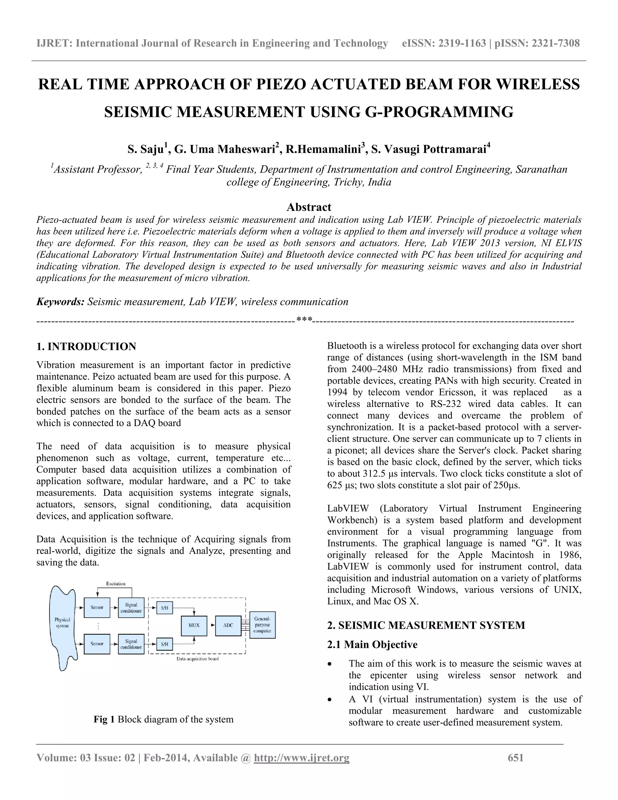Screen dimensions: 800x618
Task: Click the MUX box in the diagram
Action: pyautogui.click(x=194, y=625)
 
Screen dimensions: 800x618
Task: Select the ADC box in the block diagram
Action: pyautogui.click(x=228, y=625)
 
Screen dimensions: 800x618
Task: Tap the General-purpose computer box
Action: pyautogui.click(x=262, y=625)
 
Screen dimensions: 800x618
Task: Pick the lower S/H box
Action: pyautogui.click(x=164, y=644)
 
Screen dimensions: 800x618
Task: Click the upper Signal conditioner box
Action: pyautogui.click(x=131, y=607)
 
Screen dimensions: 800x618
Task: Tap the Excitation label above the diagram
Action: pyautogui.click(x=116, y=584)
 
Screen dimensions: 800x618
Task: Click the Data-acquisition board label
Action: pyautogui.click(x=198, y=659)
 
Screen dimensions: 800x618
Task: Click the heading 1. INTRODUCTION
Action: pyautogui.click(x=86, y=347)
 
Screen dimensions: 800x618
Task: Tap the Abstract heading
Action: pyautogui.click(x=309, y=207)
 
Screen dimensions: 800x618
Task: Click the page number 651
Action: pyautogui.click(x=515, y=758)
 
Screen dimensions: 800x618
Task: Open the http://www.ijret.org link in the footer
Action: pyautogui.click(x=302, y=758)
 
